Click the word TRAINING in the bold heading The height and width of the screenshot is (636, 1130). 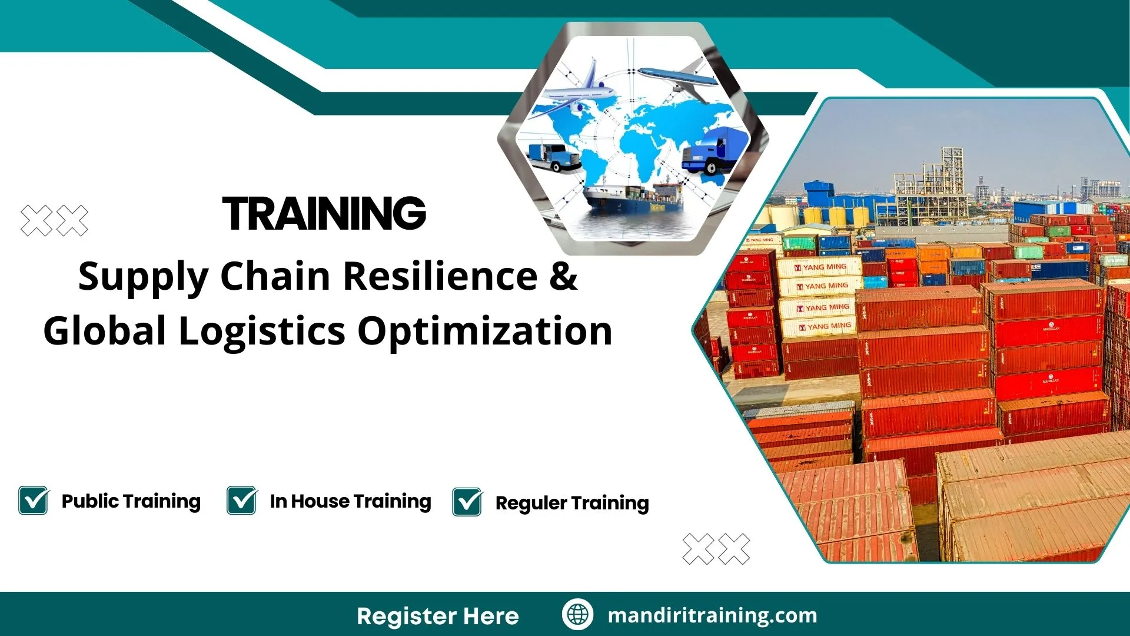[x=324, y=213]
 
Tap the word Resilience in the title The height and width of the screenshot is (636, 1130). [x=440, y=276]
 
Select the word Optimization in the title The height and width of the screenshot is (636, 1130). [x=485, y=331]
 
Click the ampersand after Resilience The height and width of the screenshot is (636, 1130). [x=564, y=276]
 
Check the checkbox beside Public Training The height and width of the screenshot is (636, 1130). [x=34, y=501]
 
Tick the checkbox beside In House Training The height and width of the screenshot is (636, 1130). [x=241, y=501]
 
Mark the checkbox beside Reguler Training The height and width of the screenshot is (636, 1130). [x=467, y=502]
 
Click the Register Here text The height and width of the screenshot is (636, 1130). [x=437, y=616]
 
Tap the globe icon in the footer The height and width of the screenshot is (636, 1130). [x=577, y=614]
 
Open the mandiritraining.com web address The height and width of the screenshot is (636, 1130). [x=712, y=615]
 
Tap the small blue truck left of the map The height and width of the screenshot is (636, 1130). [x=553, y=156]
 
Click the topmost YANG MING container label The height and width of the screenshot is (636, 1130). [x=820, y=267]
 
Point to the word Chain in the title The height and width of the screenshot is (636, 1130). [x=275, y=276]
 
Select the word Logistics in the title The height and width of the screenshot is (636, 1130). [x=261, y=331]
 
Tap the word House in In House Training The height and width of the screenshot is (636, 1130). [x=320, y=501]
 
